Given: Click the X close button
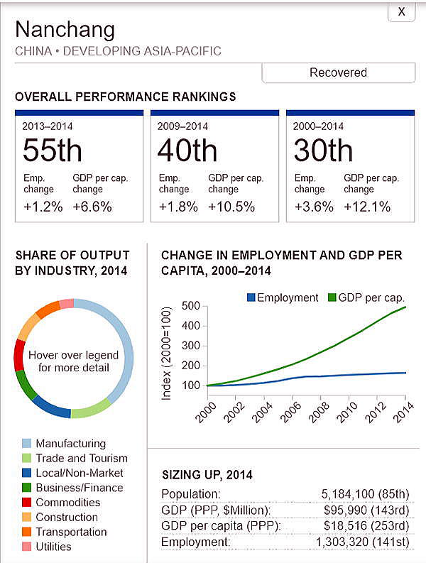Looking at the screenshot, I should coord(401,12).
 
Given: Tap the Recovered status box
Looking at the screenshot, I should coord(338,72).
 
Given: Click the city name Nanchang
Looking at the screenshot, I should coord(65,30).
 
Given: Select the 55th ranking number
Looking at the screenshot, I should coord(52,151).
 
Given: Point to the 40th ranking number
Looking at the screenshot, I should coord(187,151).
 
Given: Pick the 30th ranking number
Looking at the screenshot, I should coord(323,151).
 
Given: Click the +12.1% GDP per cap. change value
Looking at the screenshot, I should coord(367,207).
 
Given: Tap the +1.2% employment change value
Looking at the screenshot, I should coord(43,207).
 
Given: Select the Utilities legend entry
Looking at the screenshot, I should coord(53,547).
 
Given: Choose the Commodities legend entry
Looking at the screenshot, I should coord(67,503).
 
